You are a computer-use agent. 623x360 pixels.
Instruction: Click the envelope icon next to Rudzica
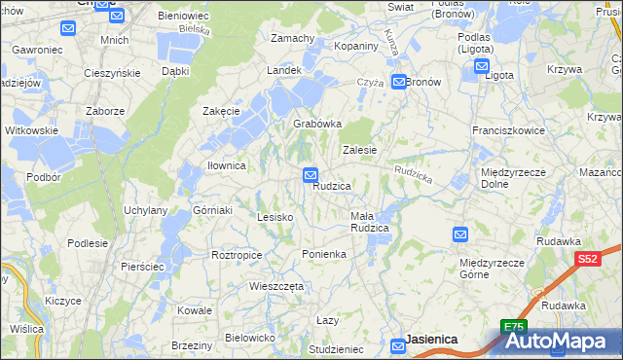310,175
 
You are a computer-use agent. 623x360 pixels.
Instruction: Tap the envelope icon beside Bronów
399,83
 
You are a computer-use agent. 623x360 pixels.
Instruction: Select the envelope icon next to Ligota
482,66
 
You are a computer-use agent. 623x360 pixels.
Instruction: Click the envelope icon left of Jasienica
398,345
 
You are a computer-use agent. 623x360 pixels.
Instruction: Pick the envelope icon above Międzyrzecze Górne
460,234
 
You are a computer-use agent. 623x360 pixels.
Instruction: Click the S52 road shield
587,259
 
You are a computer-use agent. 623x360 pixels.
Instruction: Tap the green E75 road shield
514,327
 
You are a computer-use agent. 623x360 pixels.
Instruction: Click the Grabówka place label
317,125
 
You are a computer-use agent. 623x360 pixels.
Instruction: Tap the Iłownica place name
226,165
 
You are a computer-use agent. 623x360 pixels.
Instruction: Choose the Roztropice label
237,255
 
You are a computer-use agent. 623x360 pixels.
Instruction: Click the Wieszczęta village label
277,287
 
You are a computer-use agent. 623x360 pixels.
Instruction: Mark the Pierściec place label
142,266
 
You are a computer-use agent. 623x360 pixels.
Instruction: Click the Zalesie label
359,150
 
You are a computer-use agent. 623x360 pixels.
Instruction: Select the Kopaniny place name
354,47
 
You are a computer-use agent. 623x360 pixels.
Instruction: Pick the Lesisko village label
275,217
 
